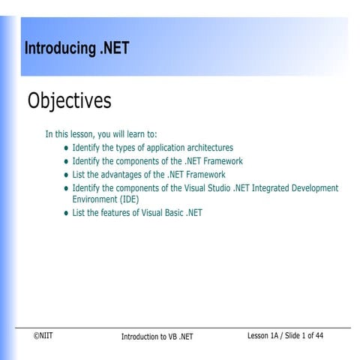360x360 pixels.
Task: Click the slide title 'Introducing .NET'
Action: (76, 49)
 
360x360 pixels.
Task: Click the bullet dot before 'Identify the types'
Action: (66, 148)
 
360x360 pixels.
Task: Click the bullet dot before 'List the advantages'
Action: (66, 175)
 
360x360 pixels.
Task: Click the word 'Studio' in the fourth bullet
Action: (215, 188)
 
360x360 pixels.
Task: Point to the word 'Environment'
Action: (94, 199)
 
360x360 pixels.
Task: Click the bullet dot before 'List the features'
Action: (66, 214)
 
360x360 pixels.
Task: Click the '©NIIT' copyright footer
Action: (43, 336)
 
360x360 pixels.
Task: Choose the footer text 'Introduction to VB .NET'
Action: (157, 337)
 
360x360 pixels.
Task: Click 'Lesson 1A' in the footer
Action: (266, 335)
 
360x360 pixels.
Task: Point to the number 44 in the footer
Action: (319, 335)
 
